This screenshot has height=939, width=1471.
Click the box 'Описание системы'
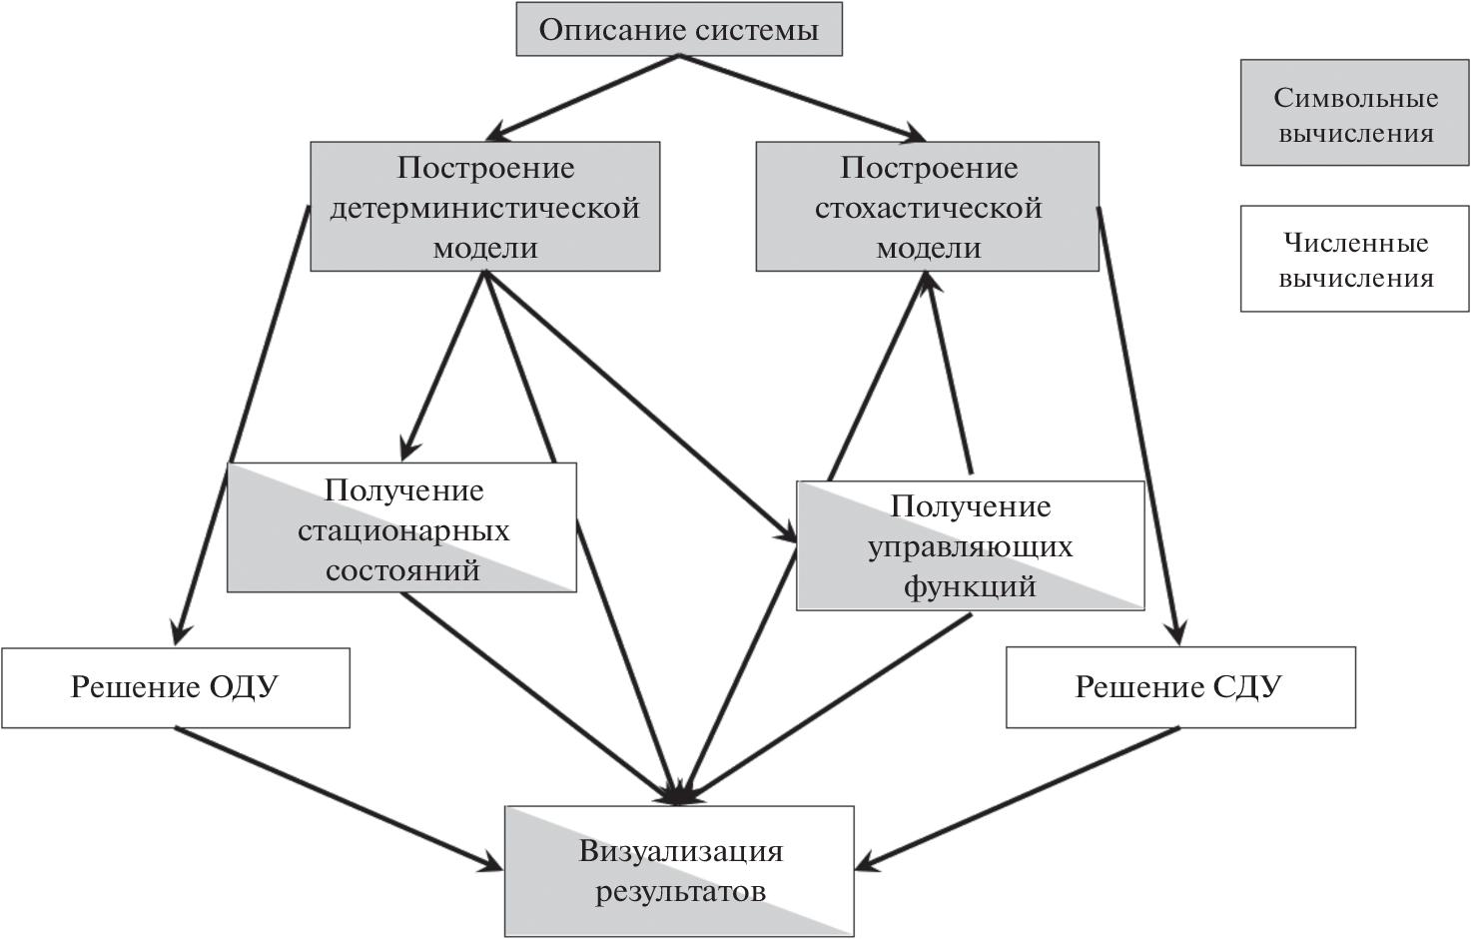679,29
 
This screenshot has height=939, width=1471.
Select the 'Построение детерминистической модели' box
484,207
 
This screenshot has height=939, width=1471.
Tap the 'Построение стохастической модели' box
927,207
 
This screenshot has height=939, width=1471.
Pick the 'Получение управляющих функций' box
970,545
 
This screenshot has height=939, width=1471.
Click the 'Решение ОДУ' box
176,687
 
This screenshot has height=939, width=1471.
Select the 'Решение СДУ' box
1180,687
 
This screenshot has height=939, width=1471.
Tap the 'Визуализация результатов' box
679,871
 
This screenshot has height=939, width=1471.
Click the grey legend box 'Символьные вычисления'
1354,112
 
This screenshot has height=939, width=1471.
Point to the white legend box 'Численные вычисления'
1354,259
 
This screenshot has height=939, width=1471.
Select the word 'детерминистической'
484,208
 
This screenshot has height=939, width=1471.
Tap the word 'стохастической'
928,208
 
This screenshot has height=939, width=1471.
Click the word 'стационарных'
403,530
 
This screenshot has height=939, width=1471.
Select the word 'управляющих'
970,546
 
